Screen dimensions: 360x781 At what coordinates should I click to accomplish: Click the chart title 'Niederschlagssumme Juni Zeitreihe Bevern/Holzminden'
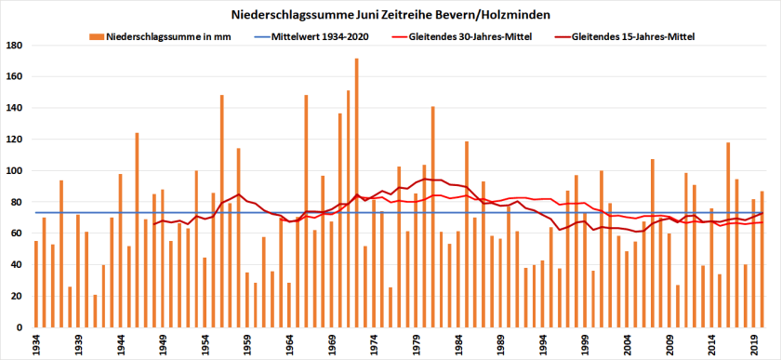tap(390, 16)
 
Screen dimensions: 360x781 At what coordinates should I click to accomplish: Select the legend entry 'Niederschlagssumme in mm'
tap(172, 37)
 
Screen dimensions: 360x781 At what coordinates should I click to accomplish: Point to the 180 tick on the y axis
tap(15, 45)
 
